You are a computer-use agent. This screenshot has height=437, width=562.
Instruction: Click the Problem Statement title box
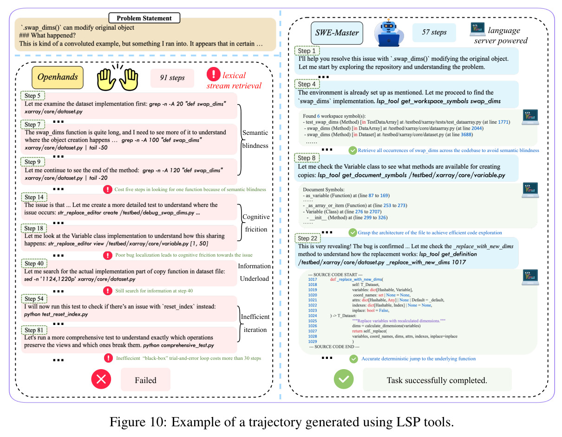tap(144, 18)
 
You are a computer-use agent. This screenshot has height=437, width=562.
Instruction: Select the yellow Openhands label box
tap(58, 77)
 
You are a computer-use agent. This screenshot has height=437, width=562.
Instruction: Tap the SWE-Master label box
tap(336, 33)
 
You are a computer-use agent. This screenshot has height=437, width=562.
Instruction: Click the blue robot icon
tap(388, 33)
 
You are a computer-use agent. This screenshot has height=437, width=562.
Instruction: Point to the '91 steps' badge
tap(172, 78)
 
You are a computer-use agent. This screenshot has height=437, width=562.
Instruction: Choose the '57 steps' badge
tap(434, 33)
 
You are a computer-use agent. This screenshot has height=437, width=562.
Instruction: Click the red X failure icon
tap(101, 379)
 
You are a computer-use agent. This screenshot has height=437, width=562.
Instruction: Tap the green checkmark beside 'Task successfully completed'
tap(343, 379)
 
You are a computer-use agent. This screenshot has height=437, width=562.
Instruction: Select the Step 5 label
tap(33, 95)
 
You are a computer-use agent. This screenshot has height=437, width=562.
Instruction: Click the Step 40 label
tap(34, 263)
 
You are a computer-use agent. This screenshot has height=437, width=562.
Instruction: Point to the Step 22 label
tap(307, 238)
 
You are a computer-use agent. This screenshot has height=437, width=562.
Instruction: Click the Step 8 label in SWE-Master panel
tap(307, 158)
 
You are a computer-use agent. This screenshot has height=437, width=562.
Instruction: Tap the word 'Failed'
tap(145, 380)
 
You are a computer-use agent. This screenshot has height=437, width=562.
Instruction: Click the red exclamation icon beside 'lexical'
tap(213, 74)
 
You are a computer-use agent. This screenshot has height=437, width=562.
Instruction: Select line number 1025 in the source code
tap(312, 320)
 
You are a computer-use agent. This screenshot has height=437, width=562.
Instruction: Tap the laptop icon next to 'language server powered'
tap(477, 29)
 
